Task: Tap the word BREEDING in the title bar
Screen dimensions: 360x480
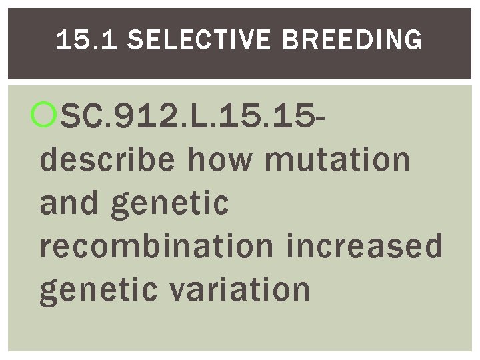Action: coord(352,41)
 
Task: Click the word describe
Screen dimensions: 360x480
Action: coord(107,160)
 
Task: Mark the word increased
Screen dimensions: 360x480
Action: coord(365,246)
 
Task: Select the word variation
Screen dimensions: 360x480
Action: coord(243,289)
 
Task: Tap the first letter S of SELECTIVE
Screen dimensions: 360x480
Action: coord(134,41)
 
